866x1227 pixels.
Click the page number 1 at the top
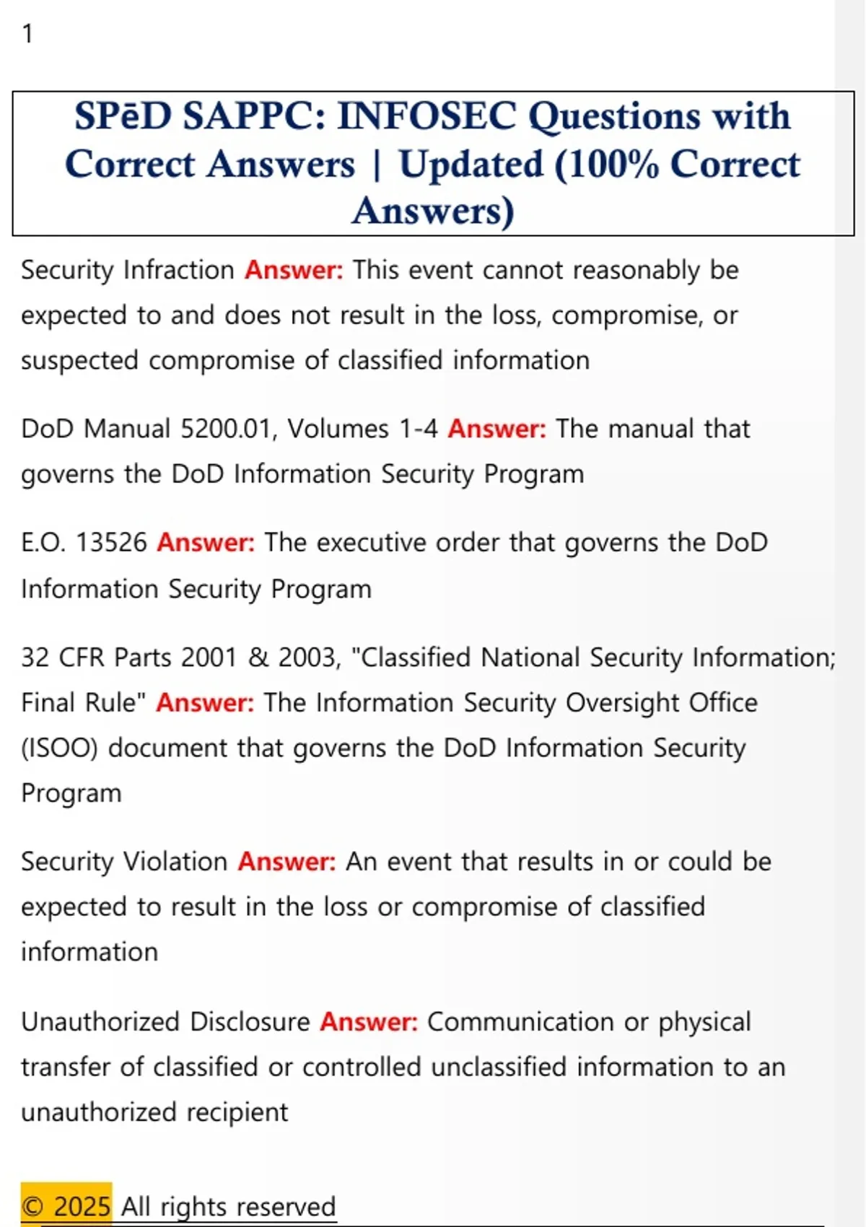pos(27,34)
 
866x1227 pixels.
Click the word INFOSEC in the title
pos(427,116)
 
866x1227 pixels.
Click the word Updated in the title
pos(471,165)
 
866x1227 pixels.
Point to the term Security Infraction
pos(128,270)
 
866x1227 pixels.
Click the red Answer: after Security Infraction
pos(294,270)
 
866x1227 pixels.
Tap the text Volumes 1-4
pos(363,429)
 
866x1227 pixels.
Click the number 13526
pos(111,543)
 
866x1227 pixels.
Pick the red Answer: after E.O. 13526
pos(206,543)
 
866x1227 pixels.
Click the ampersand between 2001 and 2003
pos(258,658)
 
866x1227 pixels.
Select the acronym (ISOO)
pos(59,748)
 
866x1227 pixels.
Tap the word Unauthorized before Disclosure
pos(100,1022)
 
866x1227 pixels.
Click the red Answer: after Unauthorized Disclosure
pos(369,1022)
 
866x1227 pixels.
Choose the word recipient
pos(237,1112)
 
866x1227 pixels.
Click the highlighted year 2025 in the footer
pos(82,1207)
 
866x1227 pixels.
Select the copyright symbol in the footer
pos(33,1207)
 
